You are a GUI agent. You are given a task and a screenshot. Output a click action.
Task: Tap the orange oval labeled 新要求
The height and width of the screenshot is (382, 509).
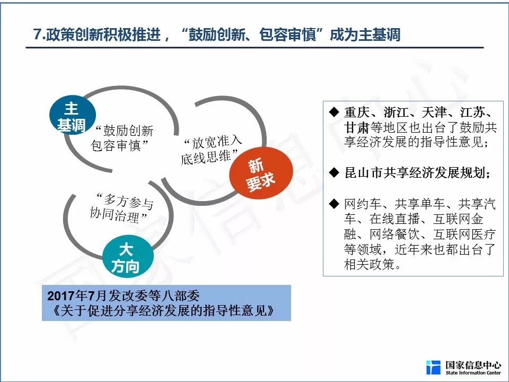(261, 173)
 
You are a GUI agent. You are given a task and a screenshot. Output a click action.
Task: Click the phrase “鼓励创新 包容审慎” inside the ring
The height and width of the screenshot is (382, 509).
(122, 138)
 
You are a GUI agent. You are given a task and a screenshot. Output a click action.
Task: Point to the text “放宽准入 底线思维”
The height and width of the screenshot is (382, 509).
(211, 150)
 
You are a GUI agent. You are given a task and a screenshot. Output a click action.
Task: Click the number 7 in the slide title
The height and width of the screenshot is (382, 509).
(37, 34)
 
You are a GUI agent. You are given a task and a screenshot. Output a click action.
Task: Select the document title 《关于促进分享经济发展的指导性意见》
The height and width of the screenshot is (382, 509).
(162, 311)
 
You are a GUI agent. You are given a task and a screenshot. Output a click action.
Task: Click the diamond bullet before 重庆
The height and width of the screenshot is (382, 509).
(334, 112)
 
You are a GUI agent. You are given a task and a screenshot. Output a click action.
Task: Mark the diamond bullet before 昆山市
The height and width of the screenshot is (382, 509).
(334, 172)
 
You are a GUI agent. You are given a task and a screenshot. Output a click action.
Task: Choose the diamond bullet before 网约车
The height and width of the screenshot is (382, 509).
(334, 204)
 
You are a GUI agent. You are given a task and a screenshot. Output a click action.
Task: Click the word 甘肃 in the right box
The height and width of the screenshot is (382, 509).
(356, 128)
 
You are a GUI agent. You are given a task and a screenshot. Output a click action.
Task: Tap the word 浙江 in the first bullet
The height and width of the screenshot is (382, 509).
(396, 112)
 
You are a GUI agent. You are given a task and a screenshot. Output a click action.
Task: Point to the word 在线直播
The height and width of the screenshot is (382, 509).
(394, 219)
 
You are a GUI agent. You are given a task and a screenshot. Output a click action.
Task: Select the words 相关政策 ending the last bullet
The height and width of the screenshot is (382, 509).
(370, 264)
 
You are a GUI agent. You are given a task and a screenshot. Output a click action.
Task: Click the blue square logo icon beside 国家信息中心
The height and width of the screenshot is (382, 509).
(433, 367)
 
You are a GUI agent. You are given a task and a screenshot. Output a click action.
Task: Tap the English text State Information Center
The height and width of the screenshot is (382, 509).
(473, 373)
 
